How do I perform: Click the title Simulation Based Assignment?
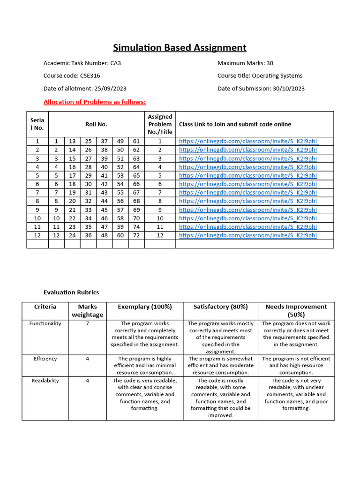point(180,47)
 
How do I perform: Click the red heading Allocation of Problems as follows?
point(94,102)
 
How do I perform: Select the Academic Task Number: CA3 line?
point(82,63)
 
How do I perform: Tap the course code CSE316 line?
point(71,75)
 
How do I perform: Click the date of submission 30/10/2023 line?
point(261,89)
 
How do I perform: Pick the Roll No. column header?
point(96,124)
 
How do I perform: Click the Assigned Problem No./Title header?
point(160,124)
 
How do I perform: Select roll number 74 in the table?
point(136,226)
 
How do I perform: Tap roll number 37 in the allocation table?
point(104,141)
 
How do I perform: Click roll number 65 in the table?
point(136,175)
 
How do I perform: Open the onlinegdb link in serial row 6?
point(248,184)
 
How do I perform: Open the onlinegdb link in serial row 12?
point(248,235)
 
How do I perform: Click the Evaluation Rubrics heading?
point(71,292)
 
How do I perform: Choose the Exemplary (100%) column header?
point(145,307)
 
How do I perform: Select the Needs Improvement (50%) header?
point(296,310)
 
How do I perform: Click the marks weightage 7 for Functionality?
point(87,323)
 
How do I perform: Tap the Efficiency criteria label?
point(45,359)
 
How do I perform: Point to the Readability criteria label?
point(45,381)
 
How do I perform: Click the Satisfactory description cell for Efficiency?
point(220,365)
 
